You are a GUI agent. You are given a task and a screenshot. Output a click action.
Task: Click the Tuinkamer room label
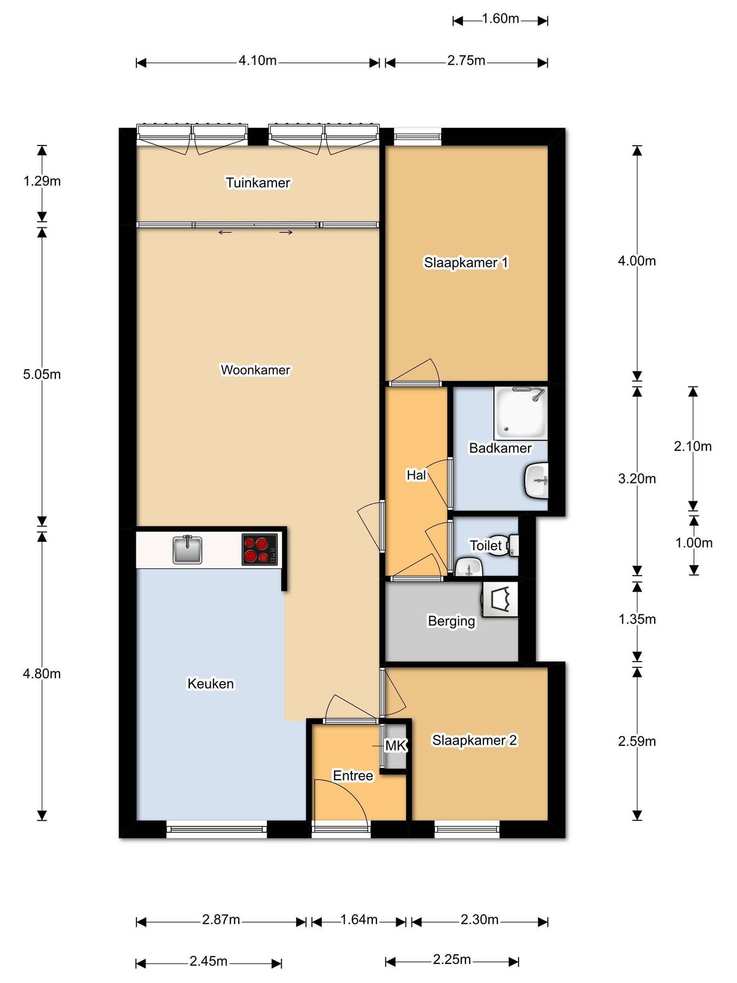click(258, 182)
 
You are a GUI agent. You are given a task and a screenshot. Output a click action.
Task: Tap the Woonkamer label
click(255, 370)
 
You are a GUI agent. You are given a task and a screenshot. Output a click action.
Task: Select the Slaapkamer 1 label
click(466, 262)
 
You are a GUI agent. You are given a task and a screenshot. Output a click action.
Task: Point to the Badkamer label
click(501, 448)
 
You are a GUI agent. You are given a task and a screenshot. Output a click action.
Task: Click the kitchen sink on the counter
click(187, 549)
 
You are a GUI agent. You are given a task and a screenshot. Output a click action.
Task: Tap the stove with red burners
click(260, 549)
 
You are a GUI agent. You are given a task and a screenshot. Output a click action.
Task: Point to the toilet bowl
click(502, 545)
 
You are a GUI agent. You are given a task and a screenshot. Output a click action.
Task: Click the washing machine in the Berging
click(501, 600)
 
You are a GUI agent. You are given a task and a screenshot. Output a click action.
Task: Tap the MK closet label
click(396, 746)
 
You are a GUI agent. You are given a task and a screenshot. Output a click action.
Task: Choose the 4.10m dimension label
click(257, 60)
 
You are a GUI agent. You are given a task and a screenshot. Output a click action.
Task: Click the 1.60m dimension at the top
click(501, 19)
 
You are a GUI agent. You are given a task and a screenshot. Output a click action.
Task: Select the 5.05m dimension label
click(42, 374)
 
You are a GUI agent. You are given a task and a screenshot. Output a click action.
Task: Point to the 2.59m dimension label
click(637, 741)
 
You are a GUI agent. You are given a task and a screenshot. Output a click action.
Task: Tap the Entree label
click(353, 775)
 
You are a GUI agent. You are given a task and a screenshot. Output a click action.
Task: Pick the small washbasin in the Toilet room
click(469, 567)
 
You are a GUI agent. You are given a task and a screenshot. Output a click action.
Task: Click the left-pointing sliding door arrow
click(225, 232)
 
